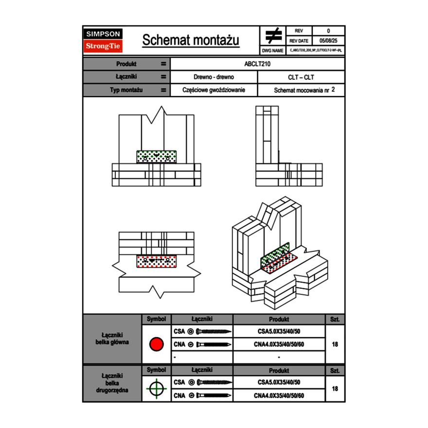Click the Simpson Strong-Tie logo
pos(104,40)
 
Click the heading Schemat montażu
pos(191,40)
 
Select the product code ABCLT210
pos(257,64)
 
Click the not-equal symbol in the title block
pos(273,36)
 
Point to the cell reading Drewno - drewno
pos(214,77)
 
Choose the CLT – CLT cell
pos(301,77)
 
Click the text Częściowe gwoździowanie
pos(214,90)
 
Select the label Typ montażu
pos(126,90)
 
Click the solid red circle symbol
pos(156,344)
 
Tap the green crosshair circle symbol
pos(156,389)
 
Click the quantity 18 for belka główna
pos(335,344)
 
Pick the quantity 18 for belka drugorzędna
pos(335,389)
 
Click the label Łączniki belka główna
pos(112,339)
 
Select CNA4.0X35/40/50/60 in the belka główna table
pos(279,344)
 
